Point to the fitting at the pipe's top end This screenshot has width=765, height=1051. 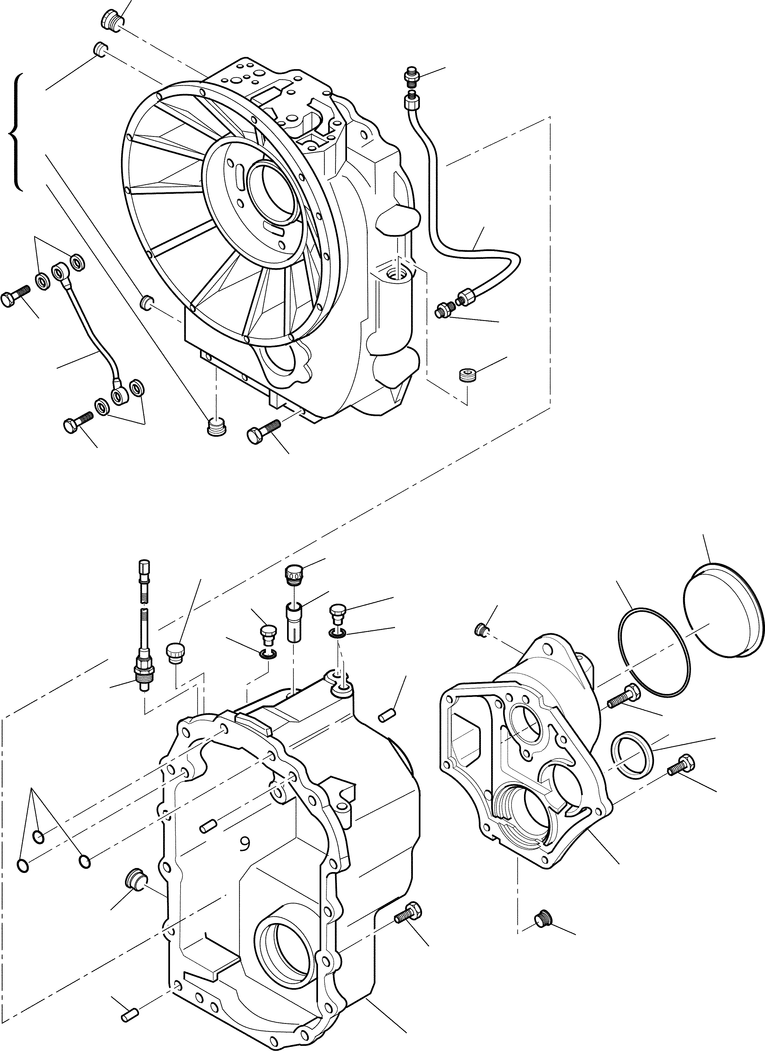(x=410, y=76)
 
